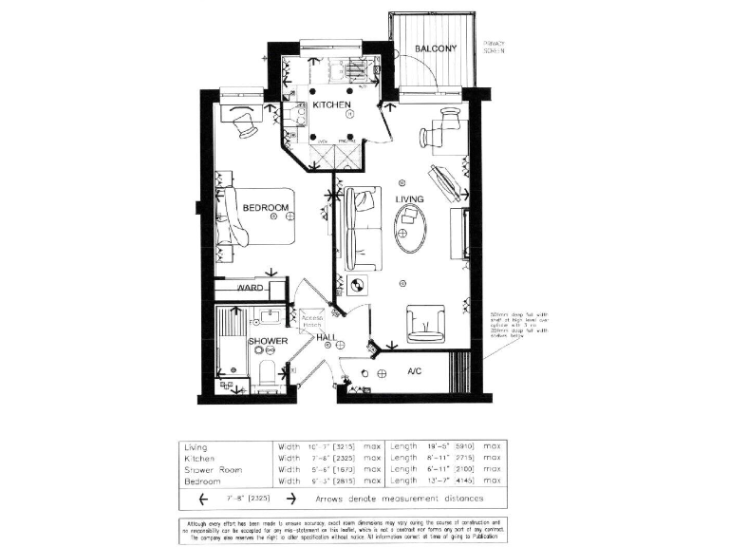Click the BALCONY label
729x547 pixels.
point(437,48)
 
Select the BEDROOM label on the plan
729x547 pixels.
point(265,208)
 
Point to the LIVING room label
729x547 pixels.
point(409,199)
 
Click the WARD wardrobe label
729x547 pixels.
point(250,287)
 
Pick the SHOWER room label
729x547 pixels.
point(268,341)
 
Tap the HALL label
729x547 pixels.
point(328,337)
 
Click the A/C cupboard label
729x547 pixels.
point(415,370)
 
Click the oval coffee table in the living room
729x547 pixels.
point(411,228)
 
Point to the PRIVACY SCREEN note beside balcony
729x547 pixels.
point(495,47)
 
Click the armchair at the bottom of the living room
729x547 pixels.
point(424,324)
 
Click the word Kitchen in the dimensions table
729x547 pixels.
point(200,457)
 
